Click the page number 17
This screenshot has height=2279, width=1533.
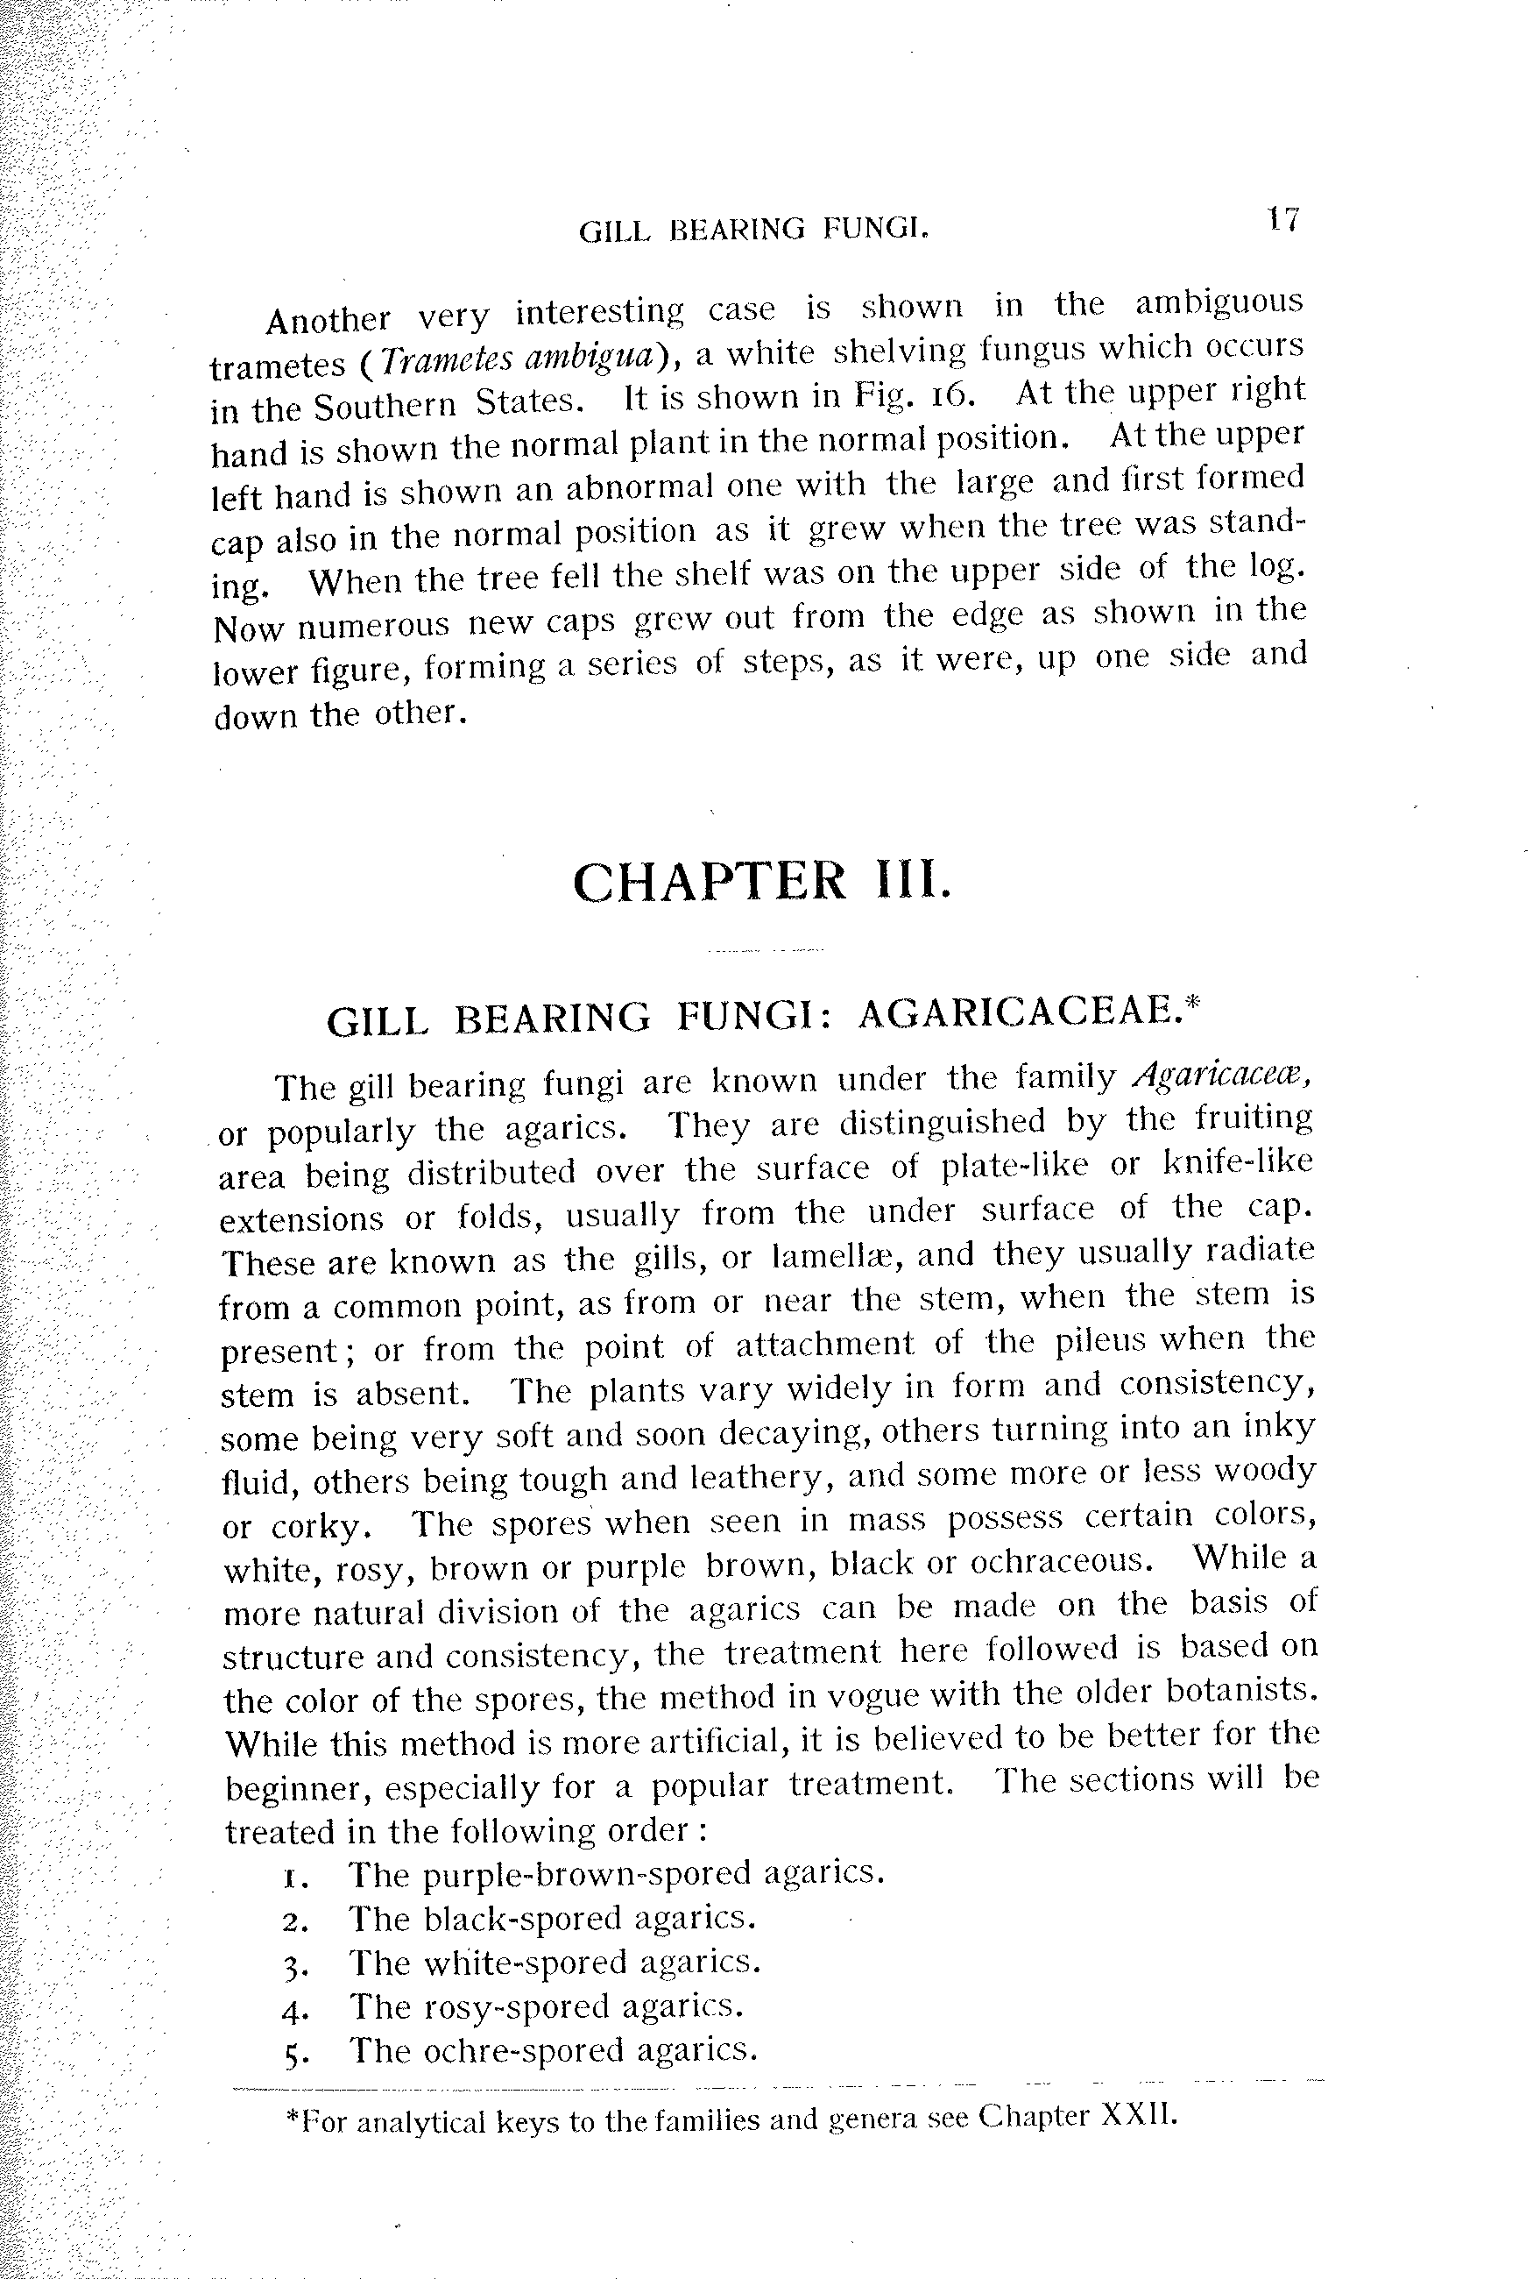coord(1282,218)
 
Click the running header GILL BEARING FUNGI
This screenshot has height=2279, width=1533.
coord(752,229)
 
